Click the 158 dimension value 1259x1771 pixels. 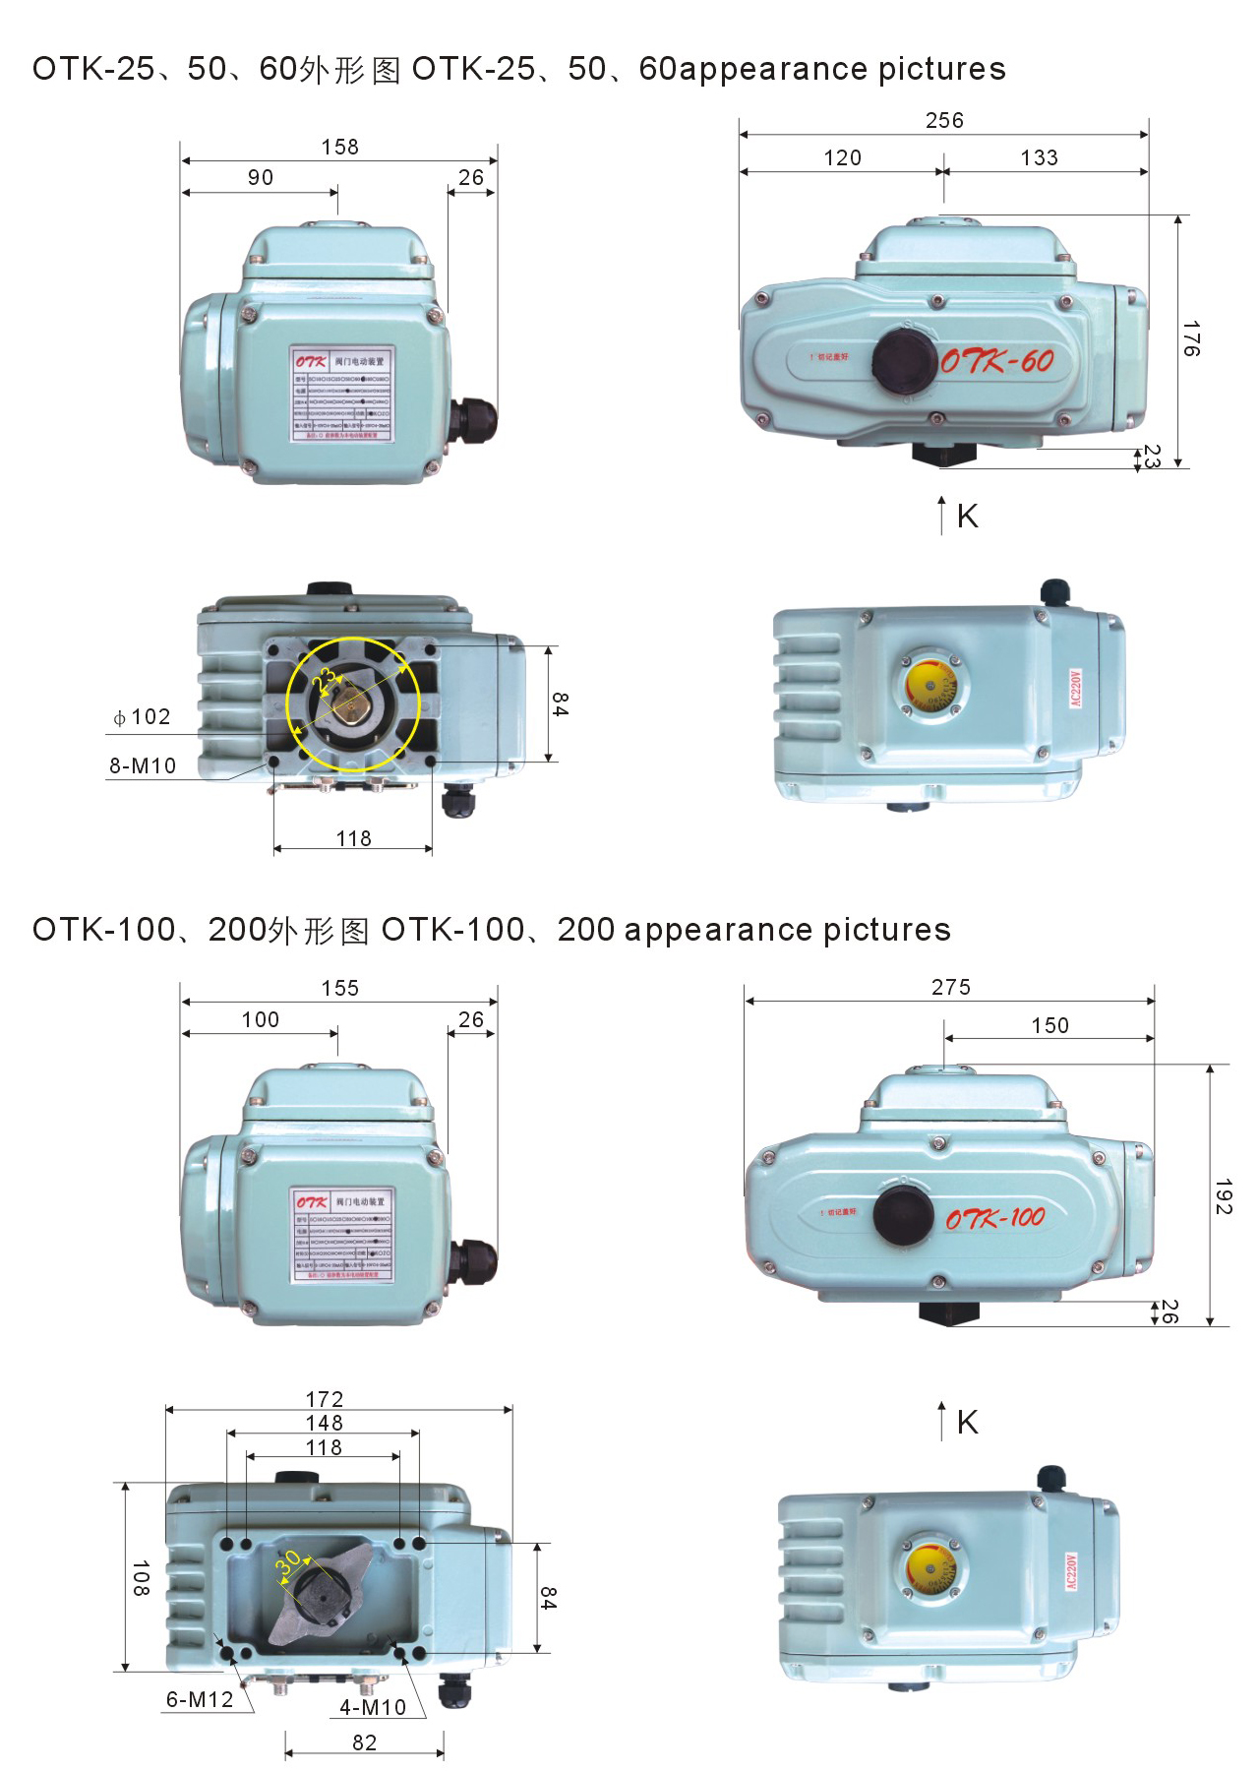[340, 148]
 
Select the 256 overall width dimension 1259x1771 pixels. [944, 121]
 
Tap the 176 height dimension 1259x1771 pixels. [1191, 338]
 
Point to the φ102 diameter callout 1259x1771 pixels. [143, 717]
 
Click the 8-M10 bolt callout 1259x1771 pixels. [143, 765]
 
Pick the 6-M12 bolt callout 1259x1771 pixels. [200, 1699]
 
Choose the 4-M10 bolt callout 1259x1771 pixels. [373, 1707]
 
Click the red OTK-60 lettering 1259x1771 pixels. [997, 361]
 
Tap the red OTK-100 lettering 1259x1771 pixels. [995, 1218]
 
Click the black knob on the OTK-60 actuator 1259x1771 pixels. [905, 360]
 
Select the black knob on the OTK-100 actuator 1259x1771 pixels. [904, 1215]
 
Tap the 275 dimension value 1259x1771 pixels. [951, 988]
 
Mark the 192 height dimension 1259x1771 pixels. [1223, 1196]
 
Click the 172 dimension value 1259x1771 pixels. [325, 1399]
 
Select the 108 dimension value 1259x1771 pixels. [141, 1578]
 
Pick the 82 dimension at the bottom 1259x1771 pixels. [365, 1742]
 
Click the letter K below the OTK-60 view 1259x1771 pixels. [967, 517]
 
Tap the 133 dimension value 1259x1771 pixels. [1040, 158]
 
